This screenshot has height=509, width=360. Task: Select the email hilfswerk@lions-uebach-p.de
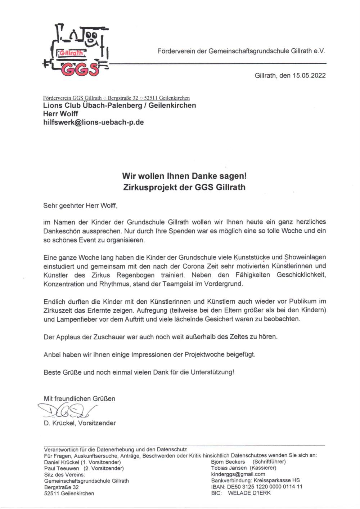94,122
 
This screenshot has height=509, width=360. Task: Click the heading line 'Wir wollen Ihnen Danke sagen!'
184,177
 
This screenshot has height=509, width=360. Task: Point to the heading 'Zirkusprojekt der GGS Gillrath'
184,187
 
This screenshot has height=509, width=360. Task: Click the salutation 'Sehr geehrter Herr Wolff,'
80,206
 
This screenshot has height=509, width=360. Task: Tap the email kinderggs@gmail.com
238,474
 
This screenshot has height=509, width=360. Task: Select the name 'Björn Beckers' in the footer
228,462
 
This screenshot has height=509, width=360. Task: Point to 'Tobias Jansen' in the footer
229,468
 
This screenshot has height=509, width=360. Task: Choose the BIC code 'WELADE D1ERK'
249,493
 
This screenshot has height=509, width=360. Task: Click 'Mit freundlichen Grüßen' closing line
80,399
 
